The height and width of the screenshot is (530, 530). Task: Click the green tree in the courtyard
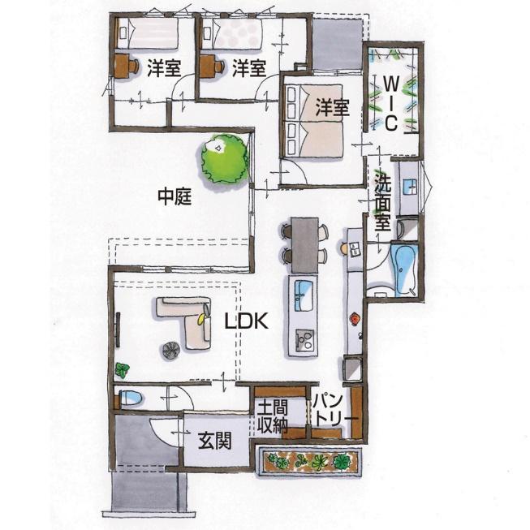[x=225, y=159]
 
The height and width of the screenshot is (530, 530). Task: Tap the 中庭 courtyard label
[x=175, y=196]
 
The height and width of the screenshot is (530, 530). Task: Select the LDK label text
[x=247, y=321]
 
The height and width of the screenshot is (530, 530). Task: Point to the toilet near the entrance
[x=131, y=399]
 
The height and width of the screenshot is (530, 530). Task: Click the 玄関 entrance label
[x=215, y=441]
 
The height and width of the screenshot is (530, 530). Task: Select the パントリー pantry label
[x=334, y=411]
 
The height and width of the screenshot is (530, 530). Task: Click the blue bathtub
[x=404, y=269]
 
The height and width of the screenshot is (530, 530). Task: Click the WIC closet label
[x=391, y=103]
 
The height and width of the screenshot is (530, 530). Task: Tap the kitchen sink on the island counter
[x=304, y=295]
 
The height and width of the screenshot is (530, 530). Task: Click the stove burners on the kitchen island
[x=304, y=341]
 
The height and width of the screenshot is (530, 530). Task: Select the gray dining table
[x=305, y=245]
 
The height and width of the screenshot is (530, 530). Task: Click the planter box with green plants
[x=310, y=461]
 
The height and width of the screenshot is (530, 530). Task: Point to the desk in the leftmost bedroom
[x=123, y=66]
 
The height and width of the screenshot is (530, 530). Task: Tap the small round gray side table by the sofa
[x=170, y=350]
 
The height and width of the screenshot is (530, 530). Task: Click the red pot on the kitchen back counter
[x=355, y=318]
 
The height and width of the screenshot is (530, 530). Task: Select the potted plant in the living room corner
[x=122, y=370]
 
